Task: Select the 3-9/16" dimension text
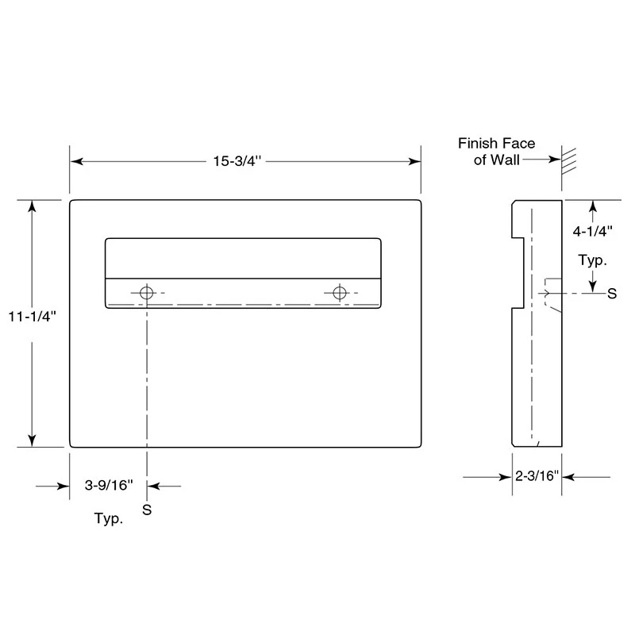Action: (x=109, y=485)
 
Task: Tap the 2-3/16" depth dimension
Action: (x=537, y=476)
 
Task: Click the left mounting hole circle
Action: (x=145, y=293)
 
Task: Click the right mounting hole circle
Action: (x=341, y=293)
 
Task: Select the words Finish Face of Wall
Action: (x=497, y=151)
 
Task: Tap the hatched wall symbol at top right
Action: (x=568, y=159)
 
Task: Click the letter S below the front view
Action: (x=146, y=510)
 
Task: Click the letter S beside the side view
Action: (x=611, y=293)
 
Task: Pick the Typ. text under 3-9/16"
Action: (x=109, y=520)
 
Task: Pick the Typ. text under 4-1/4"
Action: (x=593, y=260)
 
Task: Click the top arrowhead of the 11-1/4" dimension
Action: (x=32, y=206)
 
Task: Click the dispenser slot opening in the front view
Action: (x=243, y=258)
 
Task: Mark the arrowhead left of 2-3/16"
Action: (x=504, y=477)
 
